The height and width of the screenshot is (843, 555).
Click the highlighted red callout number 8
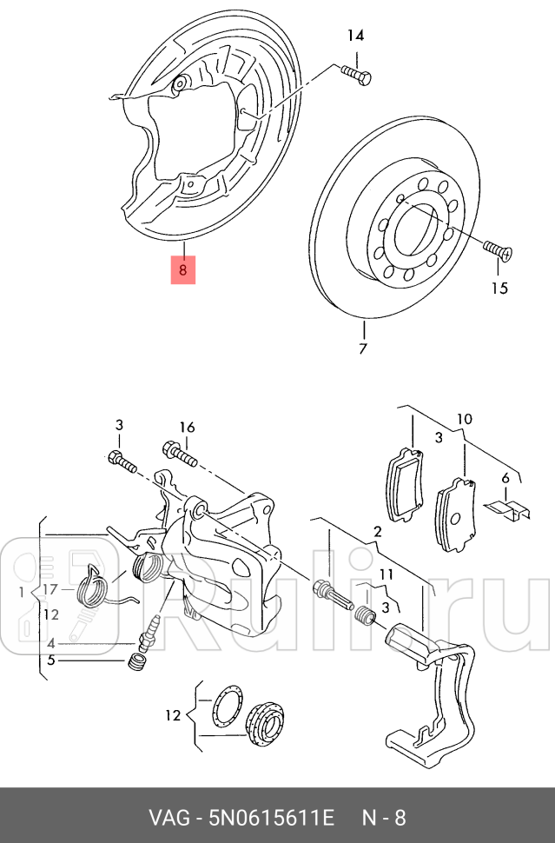tap(182, 269)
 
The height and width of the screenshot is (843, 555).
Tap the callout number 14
tap(356, 36)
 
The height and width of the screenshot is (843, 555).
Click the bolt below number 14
tap(355, 75)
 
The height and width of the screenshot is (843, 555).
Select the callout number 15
tap(499, 288)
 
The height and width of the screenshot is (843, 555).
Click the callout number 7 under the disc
tap(363, 349)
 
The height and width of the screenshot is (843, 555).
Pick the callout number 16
tap(188, 427)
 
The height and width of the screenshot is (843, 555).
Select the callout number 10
tap(465, 420)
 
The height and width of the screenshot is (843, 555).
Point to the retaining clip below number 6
tap(506, 508)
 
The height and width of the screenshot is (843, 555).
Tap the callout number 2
tap(378, 531)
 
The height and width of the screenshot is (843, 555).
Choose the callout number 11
tap(386, 574)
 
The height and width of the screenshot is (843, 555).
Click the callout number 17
tap(50, 589)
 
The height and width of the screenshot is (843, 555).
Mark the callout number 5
tap(51, 660)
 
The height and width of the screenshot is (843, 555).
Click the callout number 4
tap(51, 644)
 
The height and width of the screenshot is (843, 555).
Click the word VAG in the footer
tap(170, 817)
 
